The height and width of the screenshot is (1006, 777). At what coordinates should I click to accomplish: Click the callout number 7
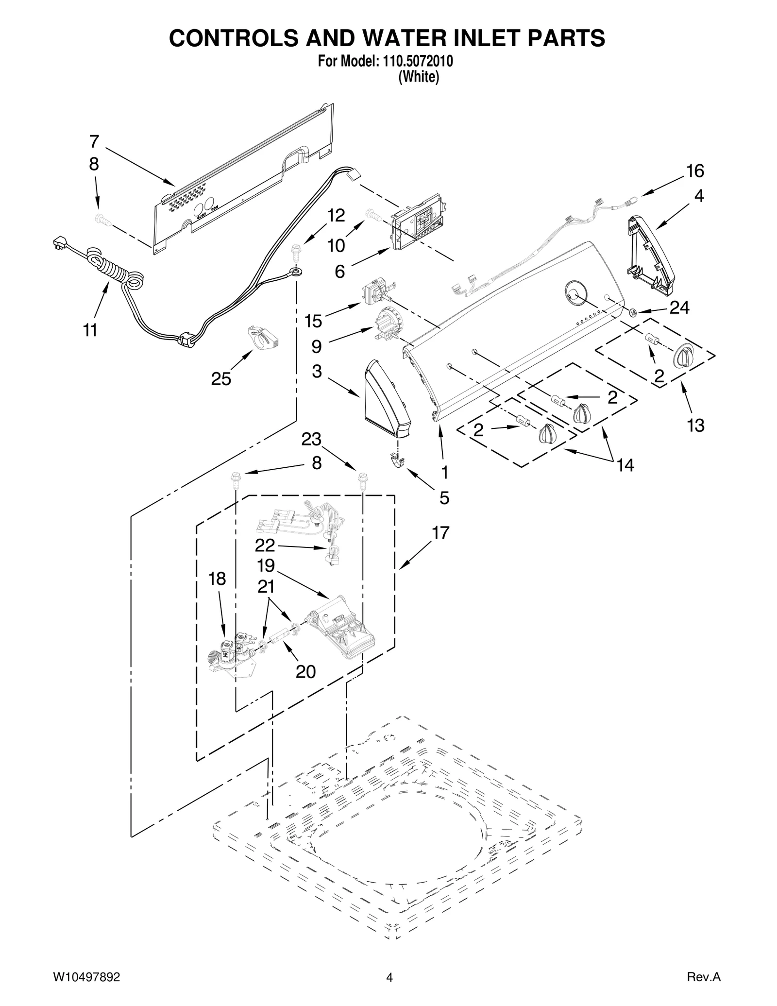coord(94,142)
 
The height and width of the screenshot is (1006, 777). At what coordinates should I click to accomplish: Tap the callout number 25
coord(221,379)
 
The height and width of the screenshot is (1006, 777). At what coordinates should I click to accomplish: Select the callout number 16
coord(695,171)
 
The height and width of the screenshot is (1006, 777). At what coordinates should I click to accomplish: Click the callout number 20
coord(305,672)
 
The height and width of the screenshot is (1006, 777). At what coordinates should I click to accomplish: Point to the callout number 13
coord(695,426)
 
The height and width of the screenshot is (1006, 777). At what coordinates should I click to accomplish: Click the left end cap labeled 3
coord(386,398)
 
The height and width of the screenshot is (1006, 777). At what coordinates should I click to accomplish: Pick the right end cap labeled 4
coord(651,255)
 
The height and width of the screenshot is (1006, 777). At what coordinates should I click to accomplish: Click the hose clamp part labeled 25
coord(263,336)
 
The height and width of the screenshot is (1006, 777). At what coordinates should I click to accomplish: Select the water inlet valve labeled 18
coord(233,653)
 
